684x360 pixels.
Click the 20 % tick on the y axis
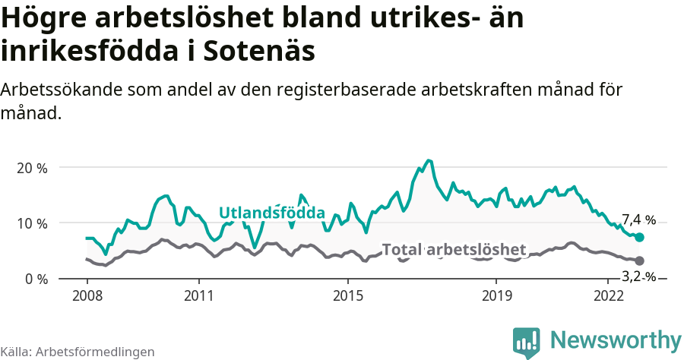32,168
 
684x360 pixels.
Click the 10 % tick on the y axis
32,223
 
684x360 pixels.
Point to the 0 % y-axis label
35,279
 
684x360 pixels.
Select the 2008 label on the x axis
87,295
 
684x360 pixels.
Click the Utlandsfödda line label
272,213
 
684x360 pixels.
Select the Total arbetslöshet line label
454,250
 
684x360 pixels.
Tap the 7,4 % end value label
638,220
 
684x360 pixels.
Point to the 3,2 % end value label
638,276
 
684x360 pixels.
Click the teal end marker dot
640,238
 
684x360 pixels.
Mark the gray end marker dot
640,261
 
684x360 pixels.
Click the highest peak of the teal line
429,160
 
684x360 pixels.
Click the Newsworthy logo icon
527,342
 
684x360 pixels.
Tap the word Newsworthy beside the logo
616,339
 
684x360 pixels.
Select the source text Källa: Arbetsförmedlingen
78,352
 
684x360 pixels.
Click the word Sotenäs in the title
258,52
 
